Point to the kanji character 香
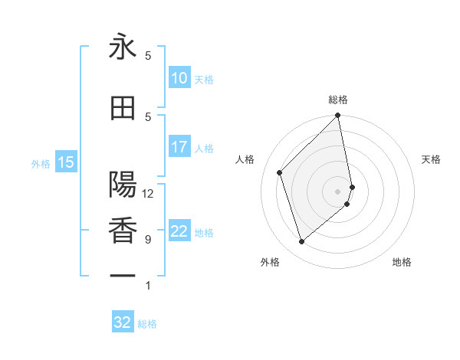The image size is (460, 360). [x=123, y=231]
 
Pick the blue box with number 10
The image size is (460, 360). [x=179, y=78]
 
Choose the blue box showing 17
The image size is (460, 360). [x=179, y=147]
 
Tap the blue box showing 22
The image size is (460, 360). [x=179, y=231]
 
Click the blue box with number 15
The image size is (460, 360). [x=66, y=162]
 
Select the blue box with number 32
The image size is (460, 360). [x=123, y=322]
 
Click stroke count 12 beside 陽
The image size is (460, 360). [x=148, y=194]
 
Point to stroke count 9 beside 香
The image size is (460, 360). [x=148, y=240]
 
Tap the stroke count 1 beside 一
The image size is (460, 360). [x=148, y=286]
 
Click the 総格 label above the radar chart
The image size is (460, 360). [x=338, y=100]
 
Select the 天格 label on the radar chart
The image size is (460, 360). [x=432, y=159]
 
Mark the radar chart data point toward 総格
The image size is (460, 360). [x=337, y=116]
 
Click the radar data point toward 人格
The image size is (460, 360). [x=280, y=172]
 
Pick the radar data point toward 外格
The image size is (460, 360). [x=301, y=242]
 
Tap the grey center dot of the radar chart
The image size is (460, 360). [x=337, y=191]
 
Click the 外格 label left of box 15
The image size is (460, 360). [x=41, y=163]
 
